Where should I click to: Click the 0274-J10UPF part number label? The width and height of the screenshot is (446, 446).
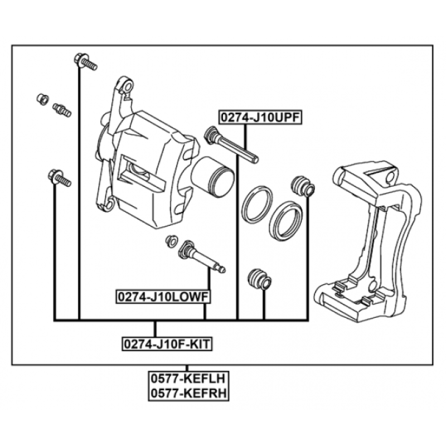click(260, 118)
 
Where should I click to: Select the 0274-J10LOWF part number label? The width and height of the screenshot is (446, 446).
click(163, 297)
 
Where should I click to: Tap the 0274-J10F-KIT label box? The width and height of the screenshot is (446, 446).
click(167, 344)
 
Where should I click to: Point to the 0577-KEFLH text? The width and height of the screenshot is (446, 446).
click(188, 379)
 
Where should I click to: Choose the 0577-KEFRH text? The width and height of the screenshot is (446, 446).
click(188, 393)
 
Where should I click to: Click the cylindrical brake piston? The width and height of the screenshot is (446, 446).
click(213, 177)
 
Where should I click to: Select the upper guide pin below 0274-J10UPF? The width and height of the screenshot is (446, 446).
click(231, 145)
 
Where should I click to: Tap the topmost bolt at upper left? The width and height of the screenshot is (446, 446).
click(85, 62)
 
